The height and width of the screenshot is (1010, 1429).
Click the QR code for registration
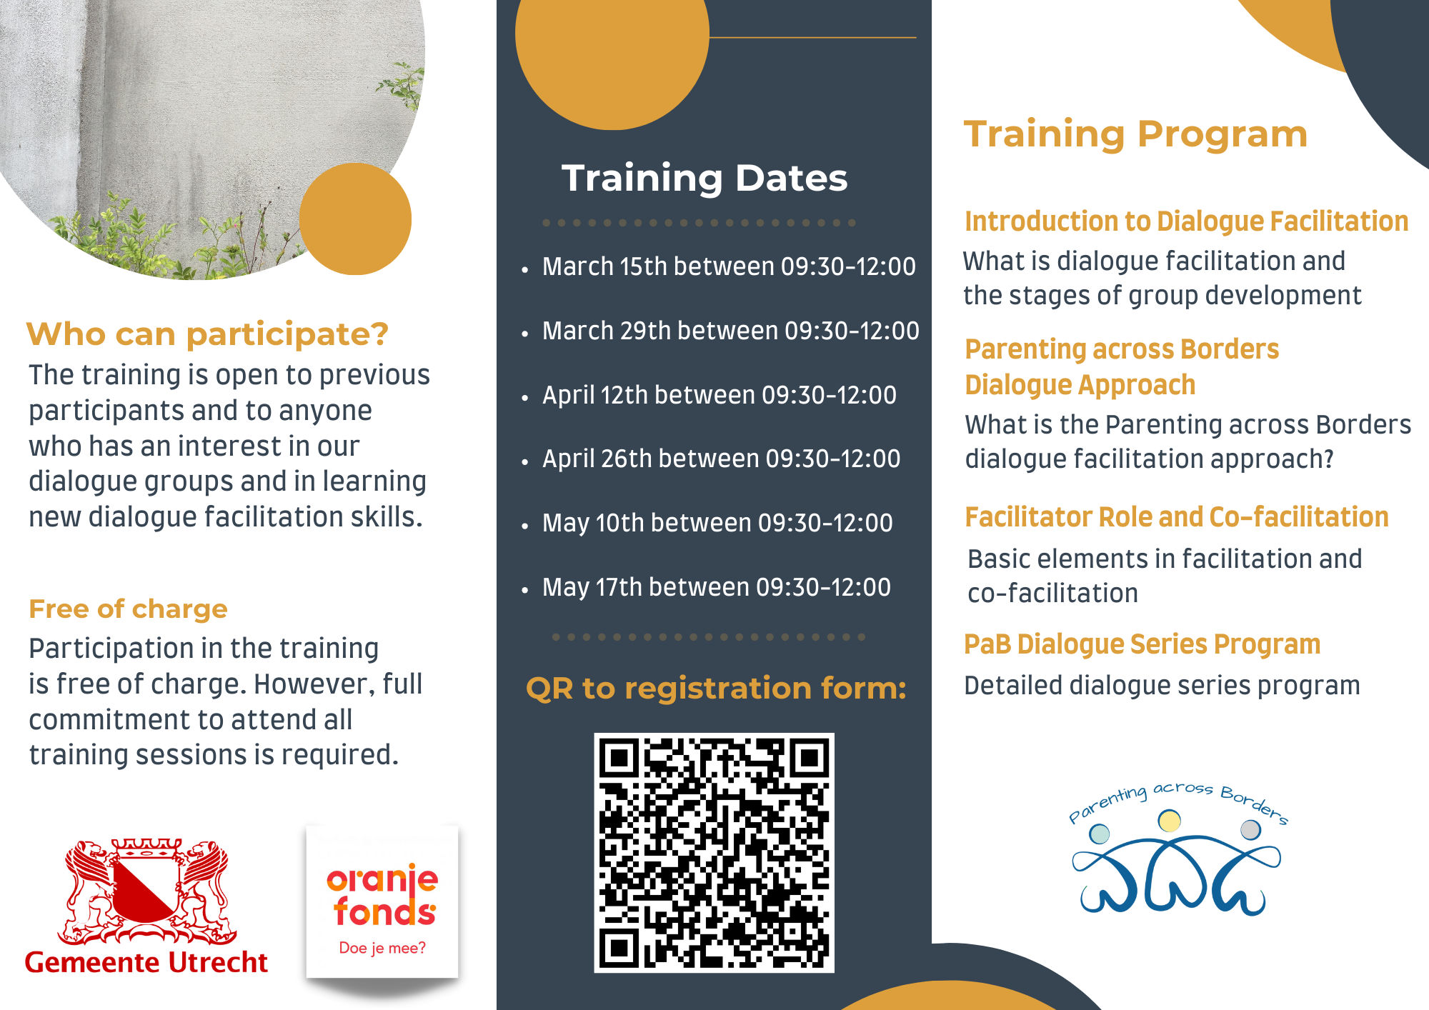[714, 852]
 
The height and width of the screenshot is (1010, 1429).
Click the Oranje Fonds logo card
[382, 902]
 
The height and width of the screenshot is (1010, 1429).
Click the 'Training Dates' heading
[704, 178]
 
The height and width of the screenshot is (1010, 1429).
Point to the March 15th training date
[729, 266]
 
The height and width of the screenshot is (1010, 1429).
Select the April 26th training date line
[722, 459]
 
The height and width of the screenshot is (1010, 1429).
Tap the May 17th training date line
[717, 587]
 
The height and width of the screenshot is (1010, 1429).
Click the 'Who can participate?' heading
[207, 334]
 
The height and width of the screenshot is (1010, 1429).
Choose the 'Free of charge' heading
[128, 609]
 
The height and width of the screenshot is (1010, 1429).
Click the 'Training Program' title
[1136, 134]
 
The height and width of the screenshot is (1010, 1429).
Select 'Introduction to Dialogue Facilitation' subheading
[1187, 221]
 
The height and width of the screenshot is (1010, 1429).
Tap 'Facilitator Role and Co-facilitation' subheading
[1177, 517]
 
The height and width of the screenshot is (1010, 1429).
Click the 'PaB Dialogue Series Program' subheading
[1142, 644]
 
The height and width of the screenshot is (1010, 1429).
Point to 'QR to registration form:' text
[716, 689]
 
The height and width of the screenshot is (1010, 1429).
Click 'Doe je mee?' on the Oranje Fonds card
[382, 948]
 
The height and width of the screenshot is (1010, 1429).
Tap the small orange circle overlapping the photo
[355, 219]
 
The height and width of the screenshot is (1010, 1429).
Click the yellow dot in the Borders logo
[1169, 821]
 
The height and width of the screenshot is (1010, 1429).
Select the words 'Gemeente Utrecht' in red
[146, 962]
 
